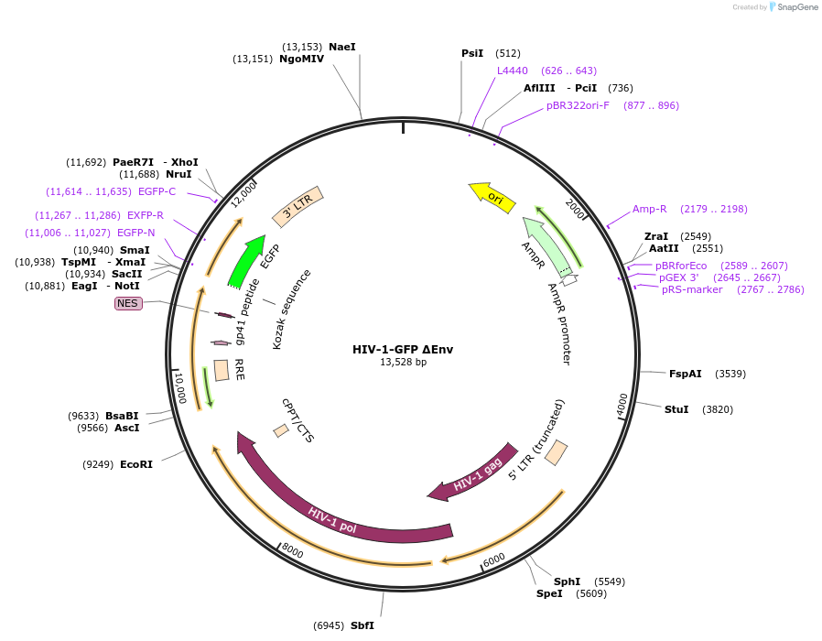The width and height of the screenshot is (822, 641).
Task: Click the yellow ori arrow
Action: [492, 197]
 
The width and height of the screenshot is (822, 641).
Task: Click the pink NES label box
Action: [128, 303]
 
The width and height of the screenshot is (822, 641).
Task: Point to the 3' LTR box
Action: [298, 210]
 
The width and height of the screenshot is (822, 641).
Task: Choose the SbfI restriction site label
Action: [362, 625]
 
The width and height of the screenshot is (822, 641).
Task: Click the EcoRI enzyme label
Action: [136, 464]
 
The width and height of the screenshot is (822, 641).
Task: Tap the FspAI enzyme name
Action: [686, 374]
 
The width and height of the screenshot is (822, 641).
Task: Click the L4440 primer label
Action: [513, 71]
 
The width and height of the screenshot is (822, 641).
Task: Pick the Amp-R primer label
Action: [650, 209]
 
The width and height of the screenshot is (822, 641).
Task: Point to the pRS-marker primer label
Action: [692, 289]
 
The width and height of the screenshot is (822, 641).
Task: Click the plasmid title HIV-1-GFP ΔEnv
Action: [403, 349]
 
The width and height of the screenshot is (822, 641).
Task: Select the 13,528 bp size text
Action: [403, 363]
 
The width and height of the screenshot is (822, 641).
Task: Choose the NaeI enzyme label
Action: [341, 47]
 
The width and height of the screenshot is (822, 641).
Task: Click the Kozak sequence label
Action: [292, 310]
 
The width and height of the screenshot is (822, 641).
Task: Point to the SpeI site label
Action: [549, 593]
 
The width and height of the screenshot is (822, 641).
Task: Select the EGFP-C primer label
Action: [157, 191]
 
